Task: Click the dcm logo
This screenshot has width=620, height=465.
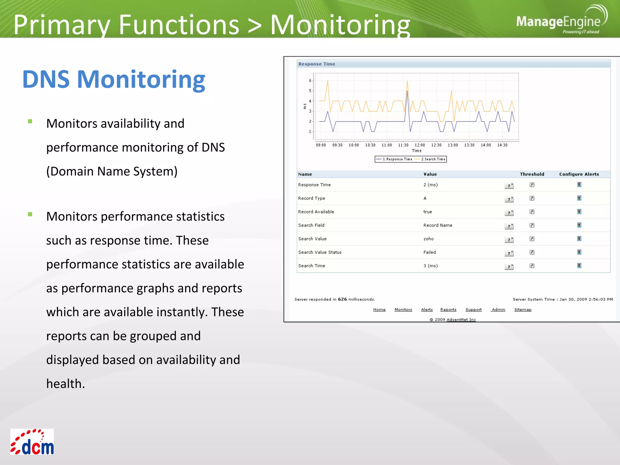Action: coord(32,442)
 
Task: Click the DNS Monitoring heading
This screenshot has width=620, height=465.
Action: coord(114,79)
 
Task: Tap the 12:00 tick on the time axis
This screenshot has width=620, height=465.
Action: coord(420,145)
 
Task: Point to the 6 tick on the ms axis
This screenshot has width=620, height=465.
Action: coord(310,81)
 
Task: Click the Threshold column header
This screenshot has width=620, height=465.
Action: coord(532,174)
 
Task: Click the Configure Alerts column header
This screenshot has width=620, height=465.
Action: coord(579,174)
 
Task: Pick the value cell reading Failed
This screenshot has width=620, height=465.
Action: coord(430,252)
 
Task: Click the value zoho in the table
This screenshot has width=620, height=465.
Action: coord(428,239)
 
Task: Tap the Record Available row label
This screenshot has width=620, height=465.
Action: coord(316,212)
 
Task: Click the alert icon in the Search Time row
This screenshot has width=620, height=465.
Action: coord(579,266)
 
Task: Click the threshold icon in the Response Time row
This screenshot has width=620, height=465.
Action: coord(532,185)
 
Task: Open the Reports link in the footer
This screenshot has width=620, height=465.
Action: coord(448,309)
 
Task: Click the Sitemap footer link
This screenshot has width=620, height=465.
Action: coord(523,309)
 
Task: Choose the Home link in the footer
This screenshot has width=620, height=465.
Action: coord(379,309)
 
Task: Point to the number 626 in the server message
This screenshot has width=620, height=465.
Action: coord(342,299)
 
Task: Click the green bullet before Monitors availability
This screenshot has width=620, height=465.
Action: coord(30,121)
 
